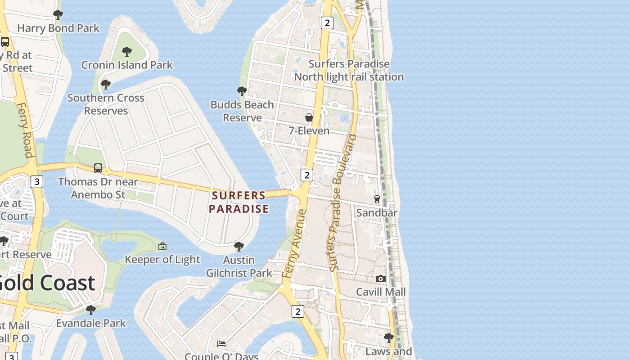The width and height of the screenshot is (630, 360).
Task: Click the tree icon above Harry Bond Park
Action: point(58,15)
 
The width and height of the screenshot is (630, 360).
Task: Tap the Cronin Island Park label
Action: point(127,65)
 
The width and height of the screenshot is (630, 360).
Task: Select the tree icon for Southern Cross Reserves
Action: point(106,85)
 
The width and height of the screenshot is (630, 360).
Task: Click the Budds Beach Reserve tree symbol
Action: point(242,91)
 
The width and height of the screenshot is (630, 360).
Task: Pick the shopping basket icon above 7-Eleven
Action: point(309,117)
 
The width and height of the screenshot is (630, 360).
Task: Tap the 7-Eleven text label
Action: point(309,130)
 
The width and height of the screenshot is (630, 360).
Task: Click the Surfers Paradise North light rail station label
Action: point(349,70)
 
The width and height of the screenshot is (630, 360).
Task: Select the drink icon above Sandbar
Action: point(377,199)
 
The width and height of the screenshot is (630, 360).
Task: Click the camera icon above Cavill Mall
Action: point(381,279)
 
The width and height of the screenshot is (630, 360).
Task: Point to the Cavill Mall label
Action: point(381,292)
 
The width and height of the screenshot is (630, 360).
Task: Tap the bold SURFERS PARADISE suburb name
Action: point(238,202)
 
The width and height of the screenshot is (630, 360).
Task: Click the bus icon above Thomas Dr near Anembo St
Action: point(98,168)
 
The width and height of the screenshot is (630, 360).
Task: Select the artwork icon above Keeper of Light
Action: point(162,246)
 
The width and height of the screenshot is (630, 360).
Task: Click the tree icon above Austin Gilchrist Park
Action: point(239,247)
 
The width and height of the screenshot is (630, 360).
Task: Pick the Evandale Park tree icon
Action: point(91,310)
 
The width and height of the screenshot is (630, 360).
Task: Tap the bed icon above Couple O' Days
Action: point(221,344)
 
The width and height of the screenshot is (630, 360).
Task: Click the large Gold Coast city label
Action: point(47,283)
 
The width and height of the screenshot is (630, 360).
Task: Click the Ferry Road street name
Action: point(25,130)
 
